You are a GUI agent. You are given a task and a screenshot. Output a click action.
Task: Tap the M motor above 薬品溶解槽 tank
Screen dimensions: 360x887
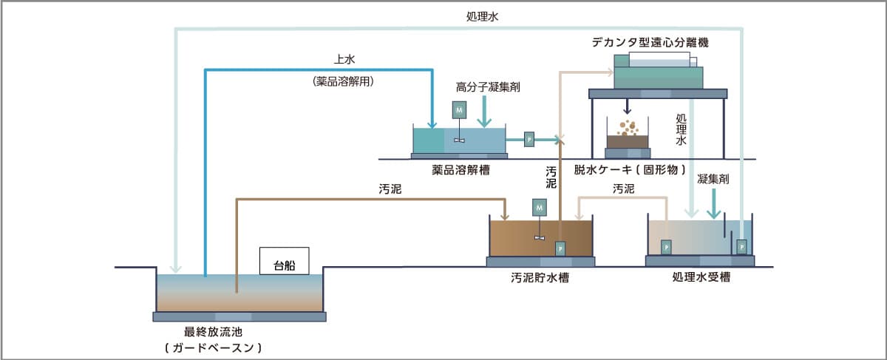459,109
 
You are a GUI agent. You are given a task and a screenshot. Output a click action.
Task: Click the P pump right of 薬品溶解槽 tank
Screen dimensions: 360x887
529,138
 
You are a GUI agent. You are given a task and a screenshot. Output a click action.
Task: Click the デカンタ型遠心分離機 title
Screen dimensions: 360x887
650,42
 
